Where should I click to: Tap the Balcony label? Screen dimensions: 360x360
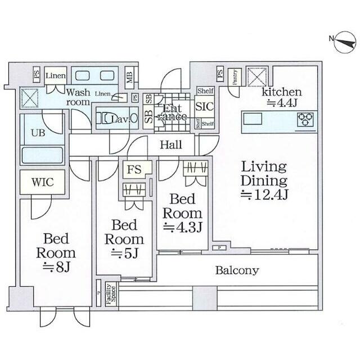point(237,271)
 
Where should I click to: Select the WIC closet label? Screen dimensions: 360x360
point(42,183)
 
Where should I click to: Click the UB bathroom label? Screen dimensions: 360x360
point(38,133)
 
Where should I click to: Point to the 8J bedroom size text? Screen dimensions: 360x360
point(56,267)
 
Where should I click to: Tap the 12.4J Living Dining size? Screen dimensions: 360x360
point(264,195)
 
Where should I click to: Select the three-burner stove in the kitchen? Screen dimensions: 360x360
point(305,119)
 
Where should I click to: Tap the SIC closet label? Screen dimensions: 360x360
point(203,105)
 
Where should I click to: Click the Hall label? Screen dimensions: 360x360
point(170,145)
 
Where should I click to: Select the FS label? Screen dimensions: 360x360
point(134,168)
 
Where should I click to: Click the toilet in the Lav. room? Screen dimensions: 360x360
point(106,119)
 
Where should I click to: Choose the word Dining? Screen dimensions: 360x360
point(264,181)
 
